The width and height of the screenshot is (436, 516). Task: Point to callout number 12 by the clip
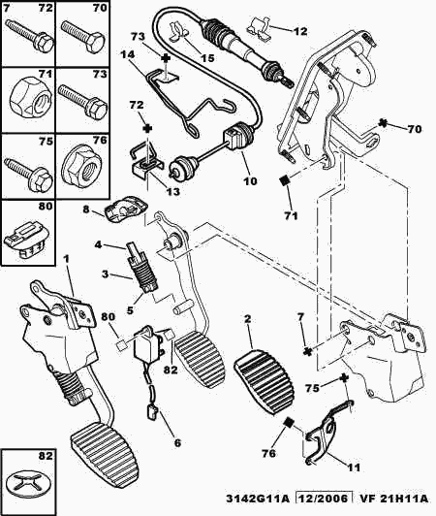point(300,31)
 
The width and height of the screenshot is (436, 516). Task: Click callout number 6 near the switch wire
point(177,443)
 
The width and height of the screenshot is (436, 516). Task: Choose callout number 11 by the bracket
point(354,467)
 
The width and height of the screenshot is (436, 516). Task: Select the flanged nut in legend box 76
point(81,169)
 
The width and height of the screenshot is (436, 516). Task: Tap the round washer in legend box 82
point(27,487)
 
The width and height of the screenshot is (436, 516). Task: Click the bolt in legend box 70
point(83,35)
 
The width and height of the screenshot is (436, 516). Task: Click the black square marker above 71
point(284,181)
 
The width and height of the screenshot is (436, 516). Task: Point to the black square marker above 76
point(289,422)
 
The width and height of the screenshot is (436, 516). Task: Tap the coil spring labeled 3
point(144,274)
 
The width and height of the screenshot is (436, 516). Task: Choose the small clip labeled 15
point(179,32)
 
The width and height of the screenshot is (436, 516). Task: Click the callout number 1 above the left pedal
point(67,259)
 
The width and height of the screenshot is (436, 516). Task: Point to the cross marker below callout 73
point(167,58)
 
